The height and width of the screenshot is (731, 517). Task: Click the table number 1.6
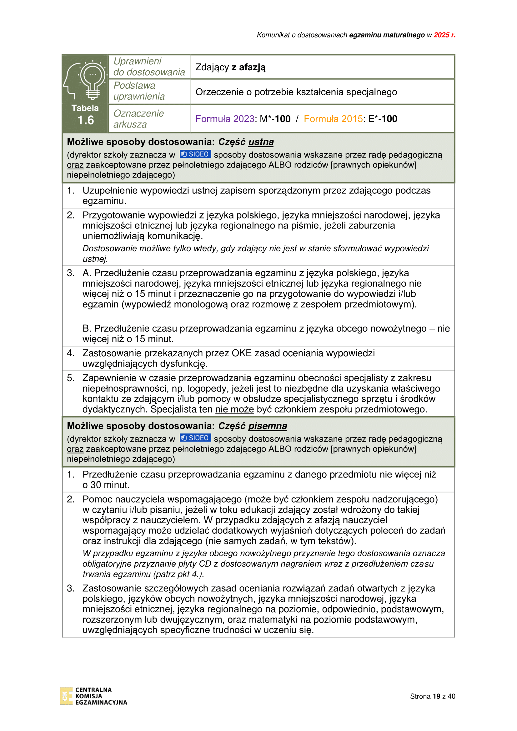(x=85, y=120)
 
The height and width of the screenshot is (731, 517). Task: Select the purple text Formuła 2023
(x=225, y=119)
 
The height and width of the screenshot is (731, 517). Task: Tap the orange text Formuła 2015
(x=333, y=119)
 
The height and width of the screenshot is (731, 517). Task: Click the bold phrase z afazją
(x=248, y=67)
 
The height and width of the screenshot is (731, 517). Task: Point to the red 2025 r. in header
(x=444, y=35)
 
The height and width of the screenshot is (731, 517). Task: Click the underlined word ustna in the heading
(x=261, y=142)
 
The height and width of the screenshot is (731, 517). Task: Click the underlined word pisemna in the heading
(x=268, y=426)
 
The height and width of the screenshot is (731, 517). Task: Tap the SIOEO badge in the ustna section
(x=195, y=154)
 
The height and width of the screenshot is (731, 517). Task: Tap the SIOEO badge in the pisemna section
(x=195, y=438)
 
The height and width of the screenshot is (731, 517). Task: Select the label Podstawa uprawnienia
(x=139, y=91)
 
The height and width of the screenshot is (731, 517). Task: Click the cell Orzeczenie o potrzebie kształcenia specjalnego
(x=296, y=92)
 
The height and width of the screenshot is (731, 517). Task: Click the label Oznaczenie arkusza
(x=138, y=119)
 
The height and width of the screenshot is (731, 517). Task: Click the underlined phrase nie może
(x=235, y=409)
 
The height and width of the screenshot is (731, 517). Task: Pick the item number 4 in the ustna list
(x=70, y=353)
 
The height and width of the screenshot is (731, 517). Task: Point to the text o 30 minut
(x=106, y=485)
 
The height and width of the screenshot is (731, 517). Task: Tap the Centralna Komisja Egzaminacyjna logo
(x=93, y=696)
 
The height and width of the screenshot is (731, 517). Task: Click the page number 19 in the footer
(x=436, y=696)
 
